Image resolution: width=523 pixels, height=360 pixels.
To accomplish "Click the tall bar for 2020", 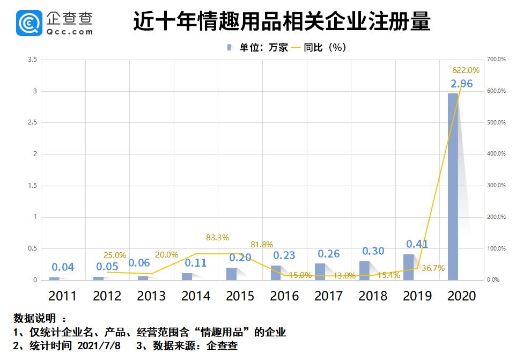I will (x=453, y=186).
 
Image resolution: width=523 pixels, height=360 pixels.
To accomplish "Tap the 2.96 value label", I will (x=461, y=84).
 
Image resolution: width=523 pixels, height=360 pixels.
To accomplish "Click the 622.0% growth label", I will (x=466, y=70).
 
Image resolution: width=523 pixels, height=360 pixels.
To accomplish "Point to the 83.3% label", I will (x=217, y=237).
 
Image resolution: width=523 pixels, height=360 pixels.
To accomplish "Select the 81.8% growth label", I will (x=262, y=244).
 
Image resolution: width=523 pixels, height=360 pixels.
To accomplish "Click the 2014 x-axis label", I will (x=195, y=296).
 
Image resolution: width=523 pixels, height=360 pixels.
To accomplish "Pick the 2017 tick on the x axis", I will (x=328, y=296).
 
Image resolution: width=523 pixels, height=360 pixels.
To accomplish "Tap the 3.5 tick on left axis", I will (x=33, y=60).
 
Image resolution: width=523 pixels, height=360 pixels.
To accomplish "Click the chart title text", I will (x=281, y=23).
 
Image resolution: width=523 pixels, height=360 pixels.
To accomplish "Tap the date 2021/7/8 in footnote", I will (x=105, y=346).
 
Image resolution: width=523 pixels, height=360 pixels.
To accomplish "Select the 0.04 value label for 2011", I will (x=63, y=267).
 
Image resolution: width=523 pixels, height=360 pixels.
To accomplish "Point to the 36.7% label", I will (x=433, y=268).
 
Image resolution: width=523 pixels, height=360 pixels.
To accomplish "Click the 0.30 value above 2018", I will (x=373, y=251).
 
